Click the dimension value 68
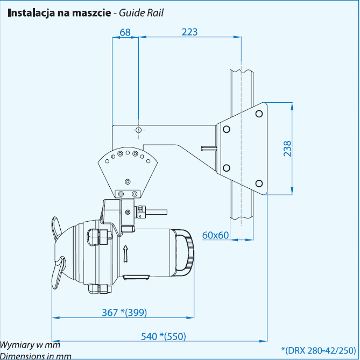125,32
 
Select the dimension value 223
189,32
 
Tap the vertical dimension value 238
287,149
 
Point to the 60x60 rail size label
216,235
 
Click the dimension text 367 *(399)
124,312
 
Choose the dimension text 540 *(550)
163,336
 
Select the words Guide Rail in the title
142,12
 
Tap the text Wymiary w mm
30,345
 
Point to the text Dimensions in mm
36,356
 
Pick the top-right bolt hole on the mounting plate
258,114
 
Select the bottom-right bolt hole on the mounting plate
258,183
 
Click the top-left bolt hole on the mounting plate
227,129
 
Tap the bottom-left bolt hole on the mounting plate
227,167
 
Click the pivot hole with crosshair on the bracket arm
139,130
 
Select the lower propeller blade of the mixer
58,272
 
